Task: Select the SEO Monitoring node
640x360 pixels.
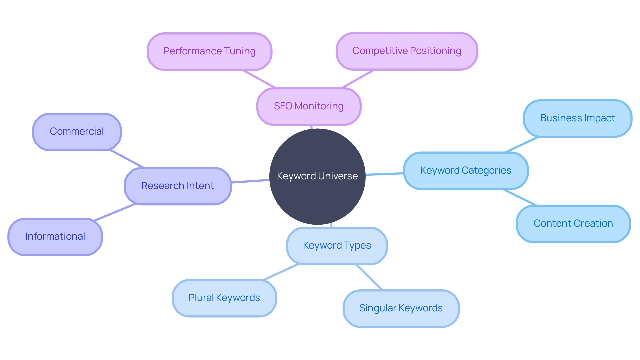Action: point(309,106)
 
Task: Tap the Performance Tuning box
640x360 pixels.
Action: point(209,51)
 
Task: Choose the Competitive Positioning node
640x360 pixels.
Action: point(407,51)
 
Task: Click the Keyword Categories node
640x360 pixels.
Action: point(466,171)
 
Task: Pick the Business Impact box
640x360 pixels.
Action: point(577,118)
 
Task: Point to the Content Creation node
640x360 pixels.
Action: point(573,224)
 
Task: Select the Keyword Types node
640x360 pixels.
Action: point(337,246)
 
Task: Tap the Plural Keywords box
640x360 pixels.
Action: point(224,298)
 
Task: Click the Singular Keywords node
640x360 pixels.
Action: point(401,308)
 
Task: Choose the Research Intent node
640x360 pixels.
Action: point(178,186)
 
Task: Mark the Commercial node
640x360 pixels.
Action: point(77,132)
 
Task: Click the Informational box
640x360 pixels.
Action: point(55,237)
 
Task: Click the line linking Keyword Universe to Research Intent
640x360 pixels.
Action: point(250,181)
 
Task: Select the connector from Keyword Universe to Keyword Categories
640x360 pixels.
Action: point(385,174)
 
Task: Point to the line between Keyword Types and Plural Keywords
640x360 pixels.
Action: point(281,272)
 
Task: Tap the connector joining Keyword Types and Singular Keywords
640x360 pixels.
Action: point(369,277)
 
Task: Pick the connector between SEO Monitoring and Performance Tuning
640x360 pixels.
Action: point(259,79)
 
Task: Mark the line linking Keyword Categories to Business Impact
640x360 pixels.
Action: point(522,145)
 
